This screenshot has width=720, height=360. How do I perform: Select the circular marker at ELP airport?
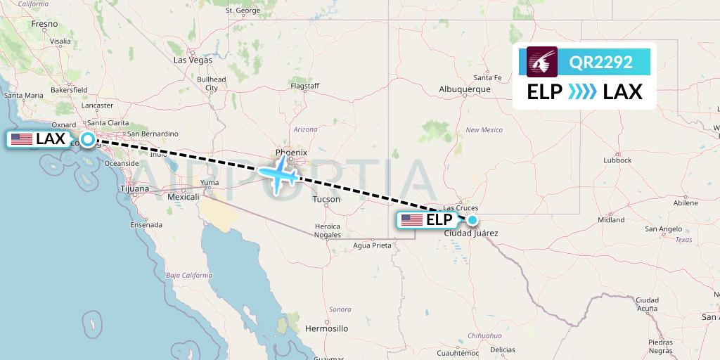coord(472,220)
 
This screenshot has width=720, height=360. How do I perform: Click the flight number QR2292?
coord(600,62)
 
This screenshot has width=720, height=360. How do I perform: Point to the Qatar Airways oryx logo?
coord(542,62)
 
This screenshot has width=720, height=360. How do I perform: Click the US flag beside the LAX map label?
coord(22,139)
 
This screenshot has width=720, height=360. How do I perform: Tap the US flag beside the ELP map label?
coord(412,220)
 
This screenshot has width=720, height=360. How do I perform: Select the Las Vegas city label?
coord(193,60)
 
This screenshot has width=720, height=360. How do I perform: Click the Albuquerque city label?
coord(464,89)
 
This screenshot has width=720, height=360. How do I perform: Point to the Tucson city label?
coord(326,200)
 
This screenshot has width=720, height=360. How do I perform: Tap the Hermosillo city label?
coord(326,328)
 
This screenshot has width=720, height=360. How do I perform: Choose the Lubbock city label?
coord(617,160)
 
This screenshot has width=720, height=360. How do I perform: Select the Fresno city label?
coord(44,24)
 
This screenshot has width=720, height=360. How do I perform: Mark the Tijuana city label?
coord(134,188)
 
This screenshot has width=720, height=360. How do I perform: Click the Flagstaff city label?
coord(304,86)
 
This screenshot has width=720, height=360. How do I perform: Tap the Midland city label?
coord(610,219)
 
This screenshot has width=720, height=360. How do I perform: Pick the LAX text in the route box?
coord(622,91)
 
